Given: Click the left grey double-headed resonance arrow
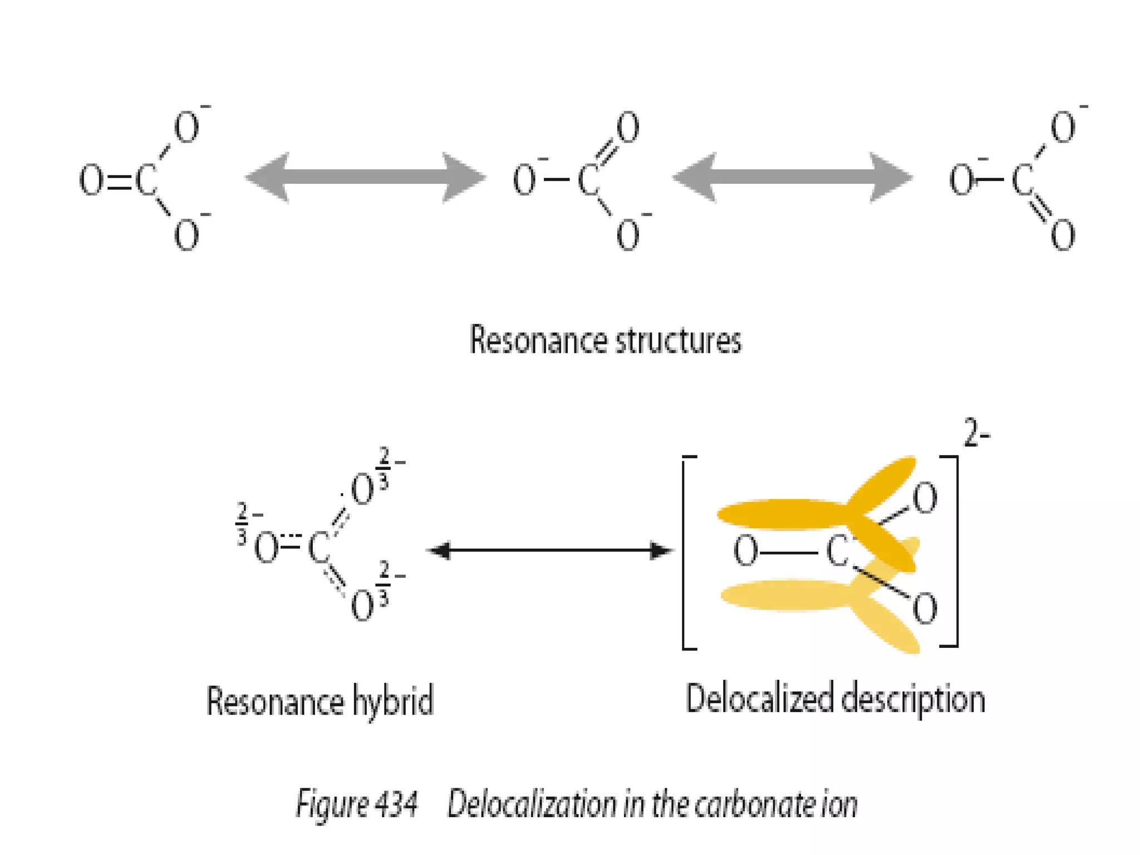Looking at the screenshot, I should click(x=365, y=178).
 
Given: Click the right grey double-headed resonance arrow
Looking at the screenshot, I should click(x=793, y=178).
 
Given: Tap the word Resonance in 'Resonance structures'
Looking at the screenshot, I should click(x=537, y=340).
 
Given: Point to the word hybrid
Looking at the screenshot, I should click(x=393, y=701).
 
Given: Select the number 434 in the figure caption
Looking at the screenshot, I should click(x=396, y=804).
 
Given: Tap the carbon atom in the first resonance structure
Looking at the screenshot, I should click(x=146, y=180).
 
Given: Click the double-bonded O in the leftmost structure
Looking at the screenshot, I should click(x=91, y=180).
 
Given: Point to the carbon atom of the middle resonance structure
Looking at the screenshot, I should click(x=589, y=180).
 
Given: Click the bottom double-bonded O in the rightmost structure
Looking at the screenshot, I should click(x=1062, y=235).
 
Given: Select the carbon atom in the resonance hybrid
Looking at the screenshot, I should click(x=319, y=548).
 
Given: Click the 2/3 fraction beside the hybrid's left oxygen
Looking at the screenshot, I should click(x=242, y=524).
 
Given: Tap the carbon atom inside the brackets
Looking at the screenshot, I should click(x=837, y=551).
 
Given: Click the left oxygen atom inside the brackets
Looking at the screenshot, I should click(x=745, y=551).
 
